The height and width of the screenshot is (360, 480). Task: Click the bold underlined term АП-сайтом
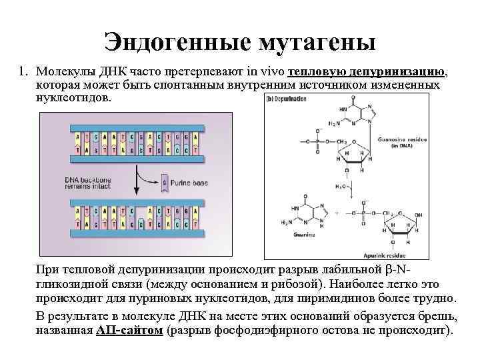(x=129, y=330)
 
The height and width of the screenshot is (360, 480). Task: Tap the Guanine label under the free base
(x=303, y=234)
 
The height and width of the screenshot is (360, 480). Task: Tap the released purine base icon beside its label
(x=165, y=182)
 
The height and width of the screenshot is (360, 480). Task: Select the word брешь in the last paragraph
(x=437, y=316)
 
